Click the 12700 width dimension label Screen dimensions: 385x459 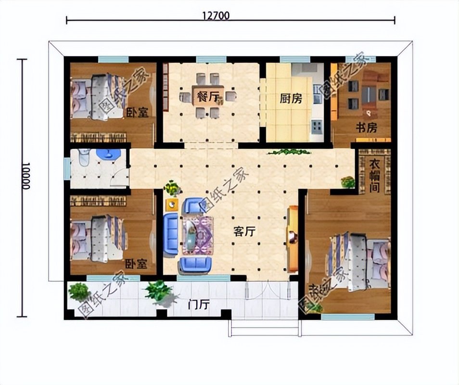(216, 15)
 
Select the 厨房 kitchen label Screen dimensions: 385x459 (291, 99)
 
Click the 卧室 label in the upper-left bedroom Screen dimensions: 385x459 (137, 113)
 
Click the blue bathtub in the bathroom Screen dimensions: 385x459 (109, 155)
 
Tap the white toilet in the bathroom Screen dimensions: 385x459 (85, 157)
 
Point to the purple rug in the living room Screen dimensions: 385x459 (198, 235)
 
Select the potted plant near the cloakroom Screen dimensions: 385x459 (347, 182)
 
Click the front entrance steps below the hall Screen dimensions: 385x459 (264, 329)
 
